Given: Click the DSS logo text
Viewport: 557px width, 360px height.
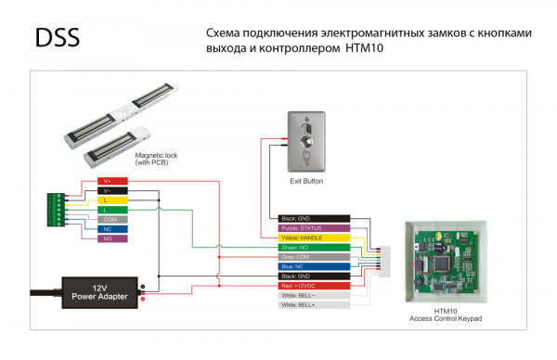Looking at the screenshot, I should [57, 38].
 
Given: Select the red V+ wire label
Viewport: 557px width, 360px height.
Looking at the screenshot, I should [108, 181].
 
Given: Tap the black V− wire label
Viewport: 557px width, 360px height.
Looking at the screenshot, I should [108, 190].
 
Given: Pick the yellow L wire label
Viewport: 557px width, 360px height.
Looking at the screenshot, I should [108, 199].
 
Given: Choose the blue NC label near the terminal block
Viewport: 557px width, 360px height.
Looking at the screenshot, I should [108, 228].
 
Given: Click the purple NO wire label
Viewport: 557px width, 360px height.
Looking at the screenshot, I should [108, 238].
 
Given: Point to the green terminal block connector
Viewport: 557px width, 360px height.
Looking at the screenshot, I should [57, 210].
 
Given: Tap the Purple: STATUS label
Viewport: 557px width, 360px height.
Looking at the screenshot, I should [312, 227].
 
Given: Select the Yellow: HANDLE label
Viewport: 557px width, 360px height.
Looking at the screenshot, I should [312, 238].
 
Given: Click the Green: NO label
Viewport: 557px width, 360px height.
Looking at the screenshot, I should [312, 248].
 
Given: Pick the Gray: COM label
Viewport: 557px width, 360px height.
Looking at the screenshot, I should [312, 257].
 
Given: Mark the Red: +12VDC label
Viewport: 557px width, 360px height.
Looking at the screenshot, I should [312, 287].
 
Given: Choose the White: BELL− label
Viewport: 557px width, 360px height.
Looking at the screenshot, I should [312, 296].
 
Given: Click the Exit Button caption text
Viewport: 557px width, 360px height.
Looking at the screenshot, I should [306, 182].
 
